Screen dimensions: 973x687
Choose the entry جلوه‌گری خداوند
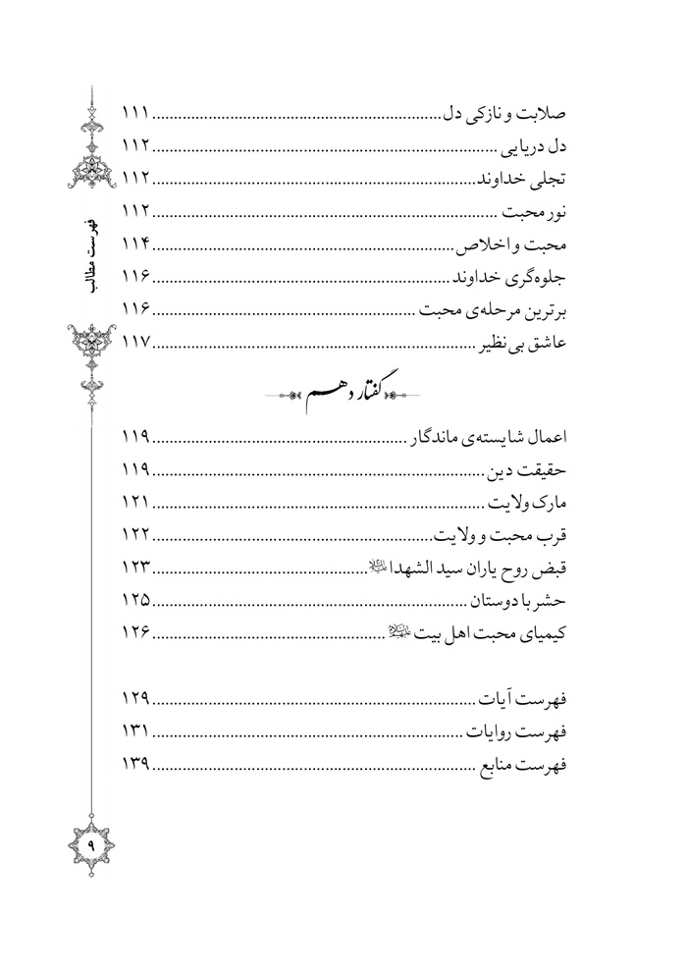[x=512, y=277]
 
